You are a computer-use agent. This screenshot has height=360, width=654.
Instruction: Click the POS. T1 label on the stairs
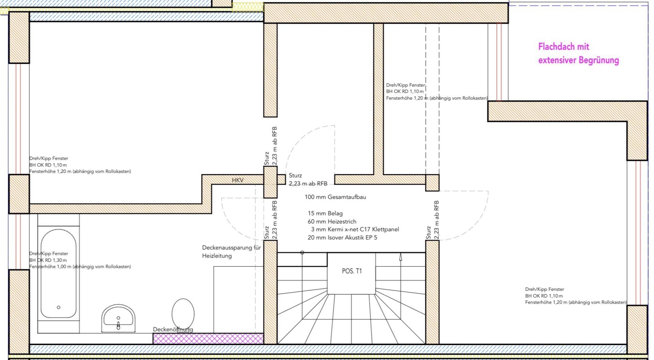352,271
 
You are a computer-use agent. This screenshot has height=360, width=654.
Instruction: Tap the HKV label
238,180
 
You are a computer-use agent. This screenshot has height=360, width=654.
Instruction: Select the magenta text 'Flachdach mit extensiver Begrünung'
578,53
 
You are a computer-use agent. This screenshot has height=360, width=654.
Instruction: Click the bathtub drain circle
59,307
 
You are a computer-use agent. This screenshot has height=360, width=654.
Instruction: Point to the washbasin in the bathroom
119,318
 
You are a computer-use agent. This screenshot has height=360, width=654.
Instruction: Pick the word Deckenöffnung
173,329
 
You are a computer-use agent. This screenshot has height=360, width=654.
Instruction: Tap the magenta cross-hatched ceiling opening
208,339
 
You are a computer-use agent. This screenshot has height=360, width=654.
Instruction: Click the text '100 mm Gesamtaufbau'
335,197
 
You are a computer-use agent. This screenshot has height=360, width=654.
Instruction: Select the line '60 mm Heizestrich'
332,221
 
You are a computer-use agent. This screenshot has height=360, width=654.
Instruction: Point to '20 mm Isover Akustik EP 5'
342,238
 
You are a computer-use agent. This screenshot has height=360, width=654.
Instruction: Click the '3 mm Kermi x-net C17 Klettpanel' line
355,230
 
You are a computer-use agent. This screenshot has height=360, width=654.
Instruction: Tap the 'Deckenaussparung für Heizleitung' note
232,252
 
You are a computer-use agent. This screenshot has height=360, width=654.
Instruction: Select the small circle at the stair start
302,252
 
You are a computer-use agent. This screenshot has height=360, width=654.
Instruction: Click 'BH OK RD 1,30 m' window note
48,260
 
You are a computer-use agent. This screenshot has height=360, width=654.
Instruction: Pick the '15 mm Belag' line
325,213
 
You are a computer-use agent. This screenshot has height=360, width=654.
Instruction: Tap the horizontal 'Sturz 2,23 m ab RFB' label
308,179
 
